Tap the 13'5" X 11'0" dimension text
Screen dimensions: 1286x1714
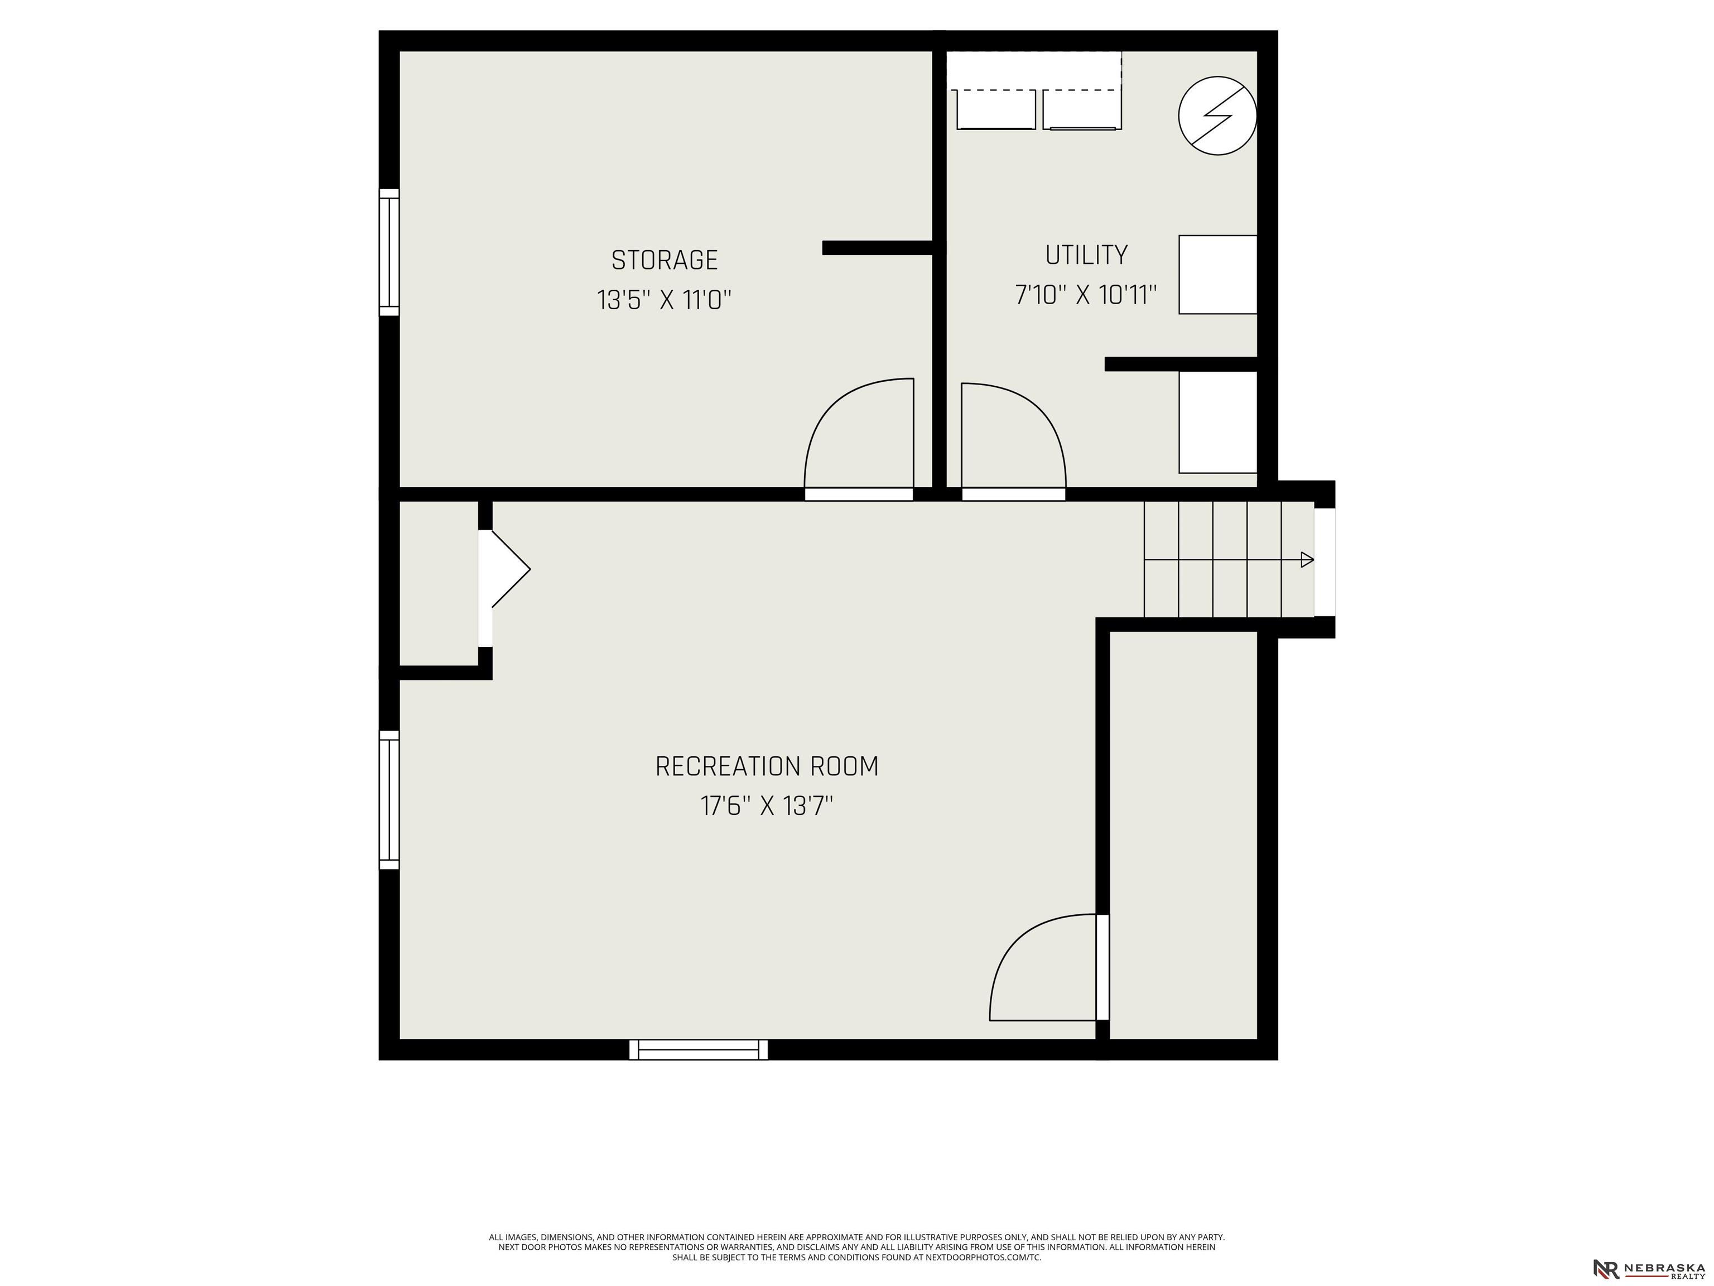(664, 300)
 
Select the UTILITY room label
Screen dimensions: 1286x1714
(1086, 255)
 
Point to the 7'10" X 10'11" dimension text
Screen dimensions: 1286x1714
(1086, 295)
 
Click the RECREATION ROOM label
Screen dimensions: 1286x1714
(767, 767)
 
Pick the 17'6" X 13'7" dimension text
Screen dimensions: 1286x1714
(767, 806)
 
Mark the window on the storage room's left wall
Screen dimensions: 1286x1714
(389, 253)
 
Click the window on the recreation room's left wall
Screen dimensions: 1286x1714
(389, 799)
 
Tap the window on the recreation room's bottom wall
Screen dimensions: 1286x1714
(698, 1049)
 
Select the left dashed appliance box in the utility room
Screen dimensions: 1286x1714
(996, 110)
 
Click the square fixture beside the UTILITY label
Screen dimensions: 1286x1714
(1217, 275)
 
